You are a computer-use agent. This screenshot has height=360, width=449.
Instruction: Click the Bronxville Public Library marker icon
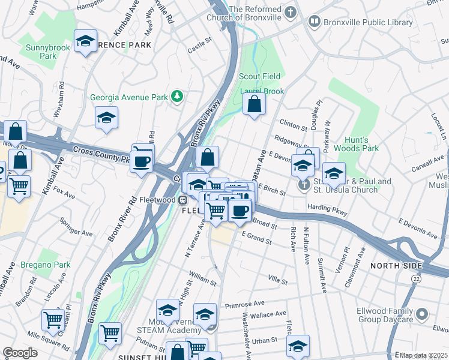(x=314, y=22)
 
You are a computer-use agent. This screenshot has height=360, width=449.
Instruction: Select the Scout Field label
(x=259, y=77)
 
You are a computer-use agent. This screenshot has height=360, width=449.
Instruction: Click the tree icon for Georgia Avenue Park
(x=177, y=97)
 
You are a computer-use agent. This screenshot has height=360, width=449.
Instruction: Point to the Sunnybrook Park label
(x=41, y=51)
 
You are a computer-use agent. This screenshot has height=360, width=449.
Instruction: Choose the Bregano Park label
(x=45, y=265)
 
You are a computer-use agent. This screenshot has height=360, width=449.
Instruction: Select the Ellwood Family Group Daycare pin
(x=421, y=314)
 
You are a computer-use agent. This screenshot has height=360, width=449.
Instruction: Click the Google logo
(x=20, y=353)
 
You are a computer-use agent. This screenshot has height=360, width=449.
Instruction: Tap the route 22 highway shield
(x=416, y=279)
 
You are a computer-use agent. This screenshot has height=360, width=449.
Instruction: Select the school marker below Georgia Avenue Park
(x=106, y=118)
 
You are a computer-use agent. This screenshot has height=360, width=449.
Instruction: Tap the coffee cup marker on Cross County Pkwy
(x=142, y=162)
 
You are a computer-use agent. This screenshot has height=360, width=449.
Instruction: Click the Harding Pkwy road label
(x=327, y=207)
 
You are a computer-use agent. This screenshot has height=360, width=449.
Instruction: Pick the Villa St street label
(x=278, y=281)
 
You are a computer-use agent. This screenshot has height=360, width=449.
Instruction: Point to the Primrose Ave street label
(x=245, y=305)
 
